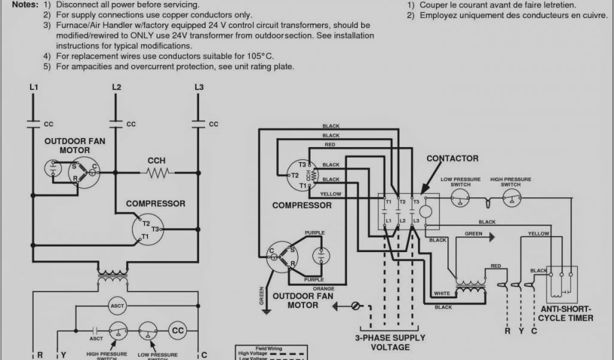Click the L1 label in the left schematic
click(34, 88)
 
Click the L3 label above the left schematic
click(199, 88)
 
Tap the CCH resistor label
click(156, 161)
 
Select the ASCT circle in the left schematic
click(116, 306)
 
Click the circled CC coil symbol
click(177, 331)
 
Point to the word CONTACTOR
click(452, 158)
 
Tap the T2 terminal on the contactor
click(402, 202)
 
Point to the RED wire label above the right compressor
click(330, 145)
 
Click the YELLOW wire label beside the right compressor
click(331, 194)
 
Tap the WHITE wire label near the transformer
click(442, 293)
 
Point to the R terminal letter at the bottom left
click(40, 355)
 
